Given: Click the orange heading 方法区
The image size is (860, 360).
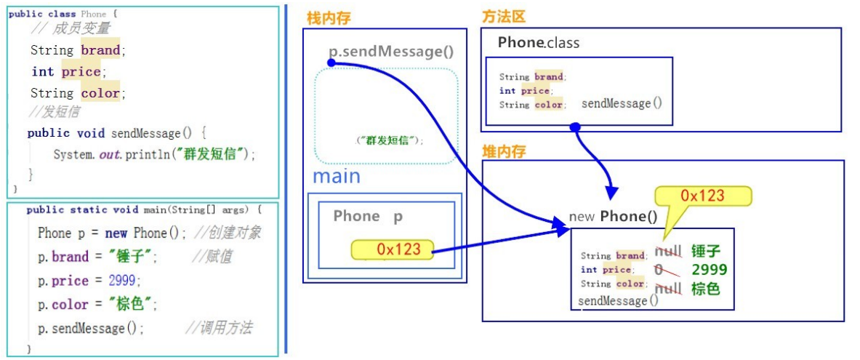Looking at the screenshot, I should coord(503,17).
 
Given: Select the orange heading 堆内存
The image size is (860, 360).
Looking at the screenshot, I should coord(504,151).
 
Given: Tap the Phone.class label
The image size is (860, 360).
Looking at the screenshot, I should coord(538,43).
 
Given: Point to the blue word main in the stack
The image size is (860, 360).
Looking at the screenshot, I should coord(336,176).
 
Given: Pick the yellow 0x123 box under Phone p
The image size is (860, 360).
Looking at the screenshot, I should coord(392,249).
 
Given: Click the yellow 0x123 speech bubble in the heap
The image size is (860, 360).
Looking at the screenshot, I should coord(702,195).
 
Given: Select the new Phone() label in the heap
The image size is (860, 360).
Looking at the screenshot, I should coord(613,216).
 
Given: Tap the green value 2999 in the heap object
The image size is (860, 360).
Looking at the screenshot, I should coord(709,270).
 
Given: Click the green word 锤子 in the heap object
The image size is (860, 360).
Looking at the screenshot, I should coord(705,252).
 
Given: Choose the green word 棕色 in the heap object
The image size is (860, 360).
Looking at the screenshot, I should coord(705,289).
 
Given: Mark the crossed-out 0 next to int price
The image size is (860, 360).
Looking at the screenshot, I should coord(659,270).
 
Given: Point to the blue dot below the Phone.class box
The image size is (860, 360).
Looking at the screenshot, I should coord(575,127).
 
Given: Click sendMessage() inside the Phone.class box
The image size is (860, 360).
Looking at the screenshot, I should coord(622,103).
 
